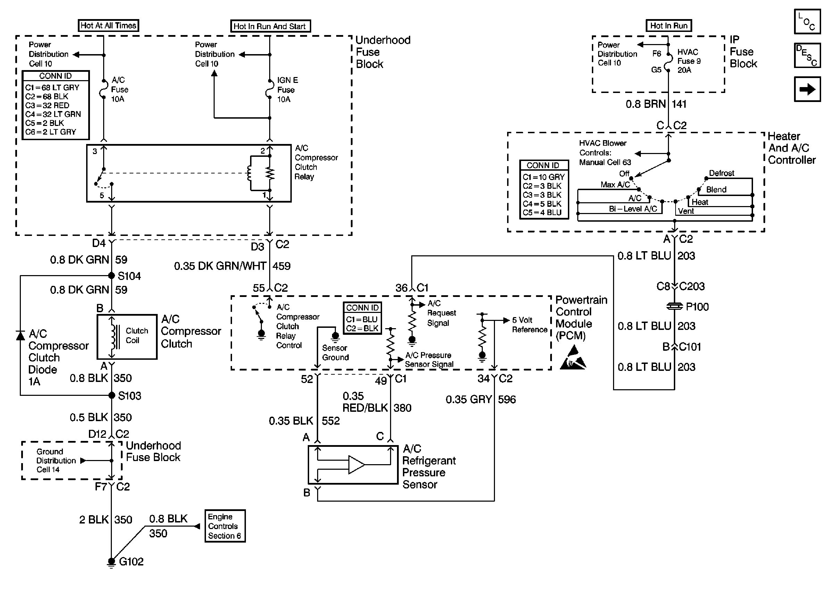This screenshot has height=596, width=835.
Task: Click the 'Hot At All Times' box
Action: click(108, 25)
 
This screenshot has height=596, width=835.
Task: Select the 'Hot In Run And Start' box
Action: click(270, 26)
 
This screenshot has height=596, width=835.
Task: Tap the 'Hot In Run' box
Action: click(669, 26)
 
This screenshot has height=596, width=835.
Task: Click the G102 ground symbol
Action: click(111, 562)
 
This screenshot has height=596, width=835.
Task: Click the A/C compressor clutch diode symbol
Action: click(20, 335)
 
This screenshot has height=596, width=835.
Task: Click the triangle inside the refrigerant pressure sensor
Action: click(356, 465)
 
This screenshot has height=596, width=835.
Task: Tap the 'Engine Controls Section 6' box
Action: click(225, 526)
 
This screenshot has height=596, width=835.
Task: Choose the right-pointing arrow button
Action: click(807, 89)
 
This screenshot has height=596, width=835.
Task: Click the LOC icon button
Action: click(807, 22)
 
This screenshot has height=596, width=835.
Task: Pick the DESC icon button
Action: click(807, 56)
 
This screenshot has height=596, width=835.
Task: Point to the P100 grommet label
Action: click(697, 307)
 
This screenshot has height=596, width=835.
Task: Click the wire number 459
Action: click(281, 266)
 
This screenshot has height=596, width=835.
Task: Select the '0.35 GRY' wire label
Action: click(468, 399)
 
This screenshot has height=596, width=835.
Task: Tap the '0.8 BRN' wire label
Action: click(645, 104)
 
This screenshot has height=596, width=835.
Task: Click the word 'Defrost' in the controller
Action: click(721, 173)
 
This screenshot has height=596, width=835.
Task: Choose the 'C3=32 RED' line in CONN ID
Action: click(47, 105)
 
